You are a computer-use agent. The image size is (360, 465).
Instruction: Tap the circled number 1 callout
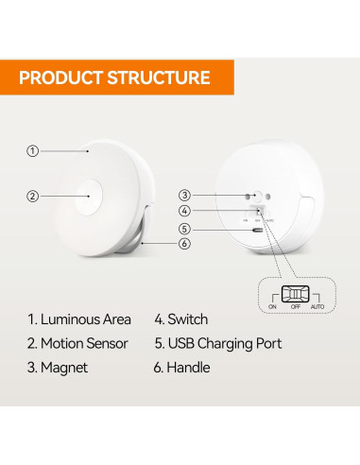32,150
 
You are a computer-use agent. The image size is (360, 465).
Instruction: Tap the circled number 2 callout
32,197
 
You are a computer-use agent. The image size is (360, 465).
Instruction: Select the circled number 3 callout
185,195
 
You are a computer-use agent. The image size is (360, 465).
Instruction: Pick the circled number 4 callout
185,211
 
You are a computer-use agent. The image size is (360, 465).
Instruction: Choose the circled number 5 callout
185,228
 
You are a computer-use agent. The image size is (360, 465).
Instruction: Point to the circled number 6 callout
185,243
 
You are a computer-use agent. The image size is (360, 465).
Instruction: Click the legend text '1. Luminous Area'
78,319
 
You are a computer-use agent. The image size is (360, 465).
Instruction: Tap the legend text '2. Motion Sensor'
78,343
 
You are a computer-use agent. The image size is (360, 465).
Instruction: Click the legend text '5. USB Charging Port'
217,343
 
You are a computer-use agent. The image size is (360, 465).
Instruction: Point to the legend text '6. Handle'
182,367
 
